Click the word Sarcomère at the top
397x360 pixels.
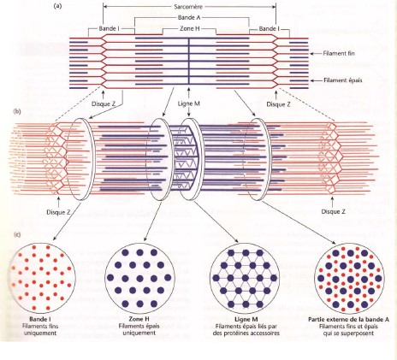point(188,7)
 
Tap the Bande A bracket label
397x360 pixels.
point(189,18)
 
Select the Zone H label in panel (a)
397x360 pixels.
point(189,28)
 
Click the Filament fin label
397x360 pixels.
point(339,53)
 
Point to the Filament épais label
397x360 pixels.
point(342,80)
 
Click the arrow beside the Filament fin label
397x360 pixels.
point(316,53)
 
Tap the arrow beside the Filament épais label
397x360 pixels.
point(316,80)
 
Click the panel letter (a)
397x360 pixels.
point(57,6)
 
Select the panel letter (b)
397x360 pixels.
point(17,111)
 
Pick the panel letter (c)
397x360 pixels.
point(17,234)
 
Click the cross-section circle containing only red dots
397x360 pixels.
point(43,278)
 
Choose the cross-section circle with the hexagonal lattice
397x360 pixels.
point(245,278)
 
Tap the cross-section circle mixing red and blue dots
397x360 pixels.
point(350,278)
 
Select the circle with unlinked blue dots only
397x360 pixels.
point(139,278)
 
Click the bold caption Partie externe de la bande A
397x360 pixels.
point(348,320)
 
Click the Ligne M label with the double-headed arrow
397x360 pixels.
point(189,103)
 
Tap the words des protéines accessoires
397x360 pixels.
point(246,333)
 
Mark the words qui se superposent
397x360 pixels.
point(348,333)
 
